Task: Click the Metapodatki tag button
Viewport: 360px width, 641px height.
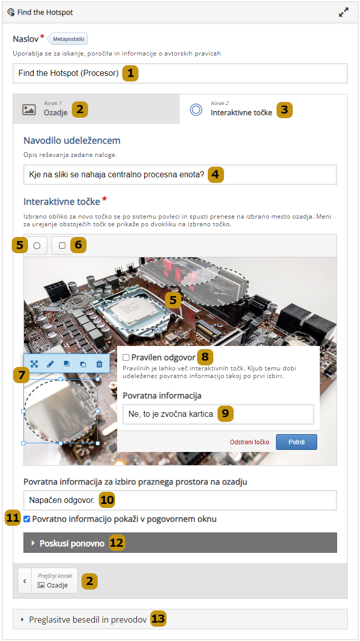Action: (68, 39)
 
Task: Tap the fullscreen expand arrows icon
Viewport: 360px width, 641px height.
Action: (343, 12)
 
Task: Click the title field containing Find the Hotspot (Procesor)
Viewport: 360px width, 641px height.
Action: (180, 73)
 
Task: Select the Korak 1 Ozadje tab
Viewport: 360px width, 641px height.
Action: (96, 109)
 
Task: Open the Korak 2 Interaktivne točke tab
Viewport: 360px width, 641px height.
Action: (263, 109)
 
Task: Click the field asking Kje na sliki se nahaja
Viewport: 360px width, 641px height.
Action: (180, 175)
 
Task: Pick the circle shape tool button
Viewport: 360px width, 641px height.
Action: (37, 246)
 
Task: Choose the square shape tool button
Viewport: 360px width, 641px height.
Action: (62, 246)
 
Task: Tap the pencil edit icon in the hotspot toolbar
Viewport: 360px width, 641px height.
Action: (50, 364)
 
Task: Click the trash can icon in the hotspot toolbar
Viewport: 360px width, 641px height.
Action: (99, 364)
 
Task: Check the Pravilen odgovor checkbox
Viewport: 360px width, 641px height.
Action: (126, 357)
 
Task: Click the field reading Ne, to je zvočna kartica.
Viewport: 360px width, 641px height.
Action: (218, 414)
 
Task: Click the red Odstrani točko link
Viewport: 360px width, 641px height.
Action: (250, 442)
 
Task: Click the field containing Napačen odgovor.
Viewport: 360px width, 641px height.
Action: (180, 500)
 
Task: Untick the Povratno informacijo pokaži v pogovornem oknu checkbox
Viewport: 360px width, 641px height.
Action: (27, 519)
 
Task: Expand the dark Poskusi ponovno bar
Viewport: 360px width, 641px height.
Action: (180, 543)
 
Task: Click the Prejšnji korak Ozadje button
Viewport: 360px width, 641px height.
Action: (48, 581)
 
